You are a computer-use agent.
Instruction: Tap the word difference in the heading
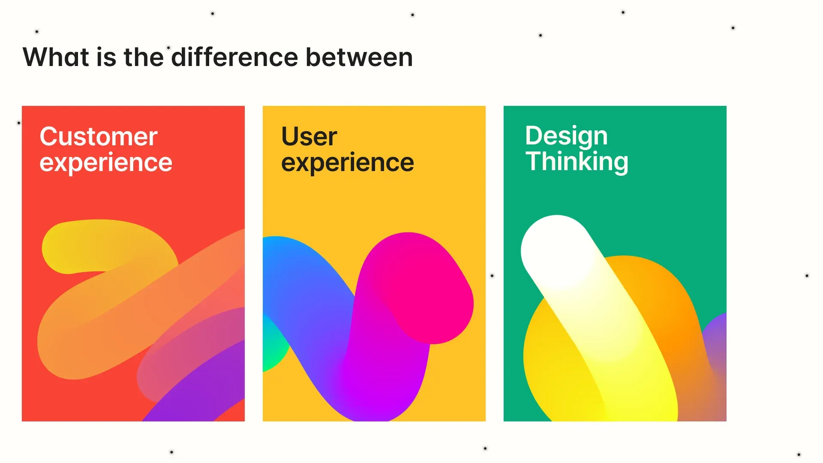[x=234, y=57]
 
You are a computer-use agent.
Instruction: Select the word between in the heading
[x=359, y=57]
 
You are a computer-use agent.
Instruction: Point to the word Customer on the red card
[x=99, y=136]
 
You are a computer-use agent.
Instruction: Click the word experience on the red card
[x=106, y=163]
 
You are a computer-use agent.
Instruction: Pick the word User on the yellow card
[x=309, y=136]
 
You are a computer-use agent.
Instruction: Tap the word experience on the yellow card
[x=348, y=163]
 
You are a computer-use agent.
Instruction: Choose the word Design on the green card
[x=566, y=136]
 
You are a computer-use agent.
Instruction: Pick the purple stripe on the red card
[x=201, y=386]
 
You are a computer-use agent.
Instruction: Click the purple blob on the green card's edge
[x=718, y=339]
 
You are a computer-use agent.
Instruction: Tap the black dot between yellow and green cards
[x=492, y=276]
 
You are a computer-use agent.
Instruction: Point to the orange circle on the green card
[x=656, y=292]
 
